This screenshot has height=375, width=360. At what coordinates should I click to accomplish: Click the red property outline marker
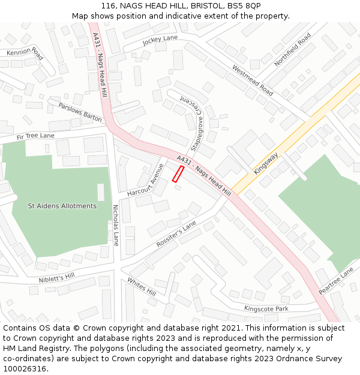(x=178, y=174)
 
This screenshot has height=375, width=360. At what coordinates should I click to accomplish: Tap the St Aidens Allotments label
(x=62, y=206)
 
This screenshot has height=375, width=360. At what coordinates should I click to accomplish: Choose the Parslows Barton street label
(x=80, y=112)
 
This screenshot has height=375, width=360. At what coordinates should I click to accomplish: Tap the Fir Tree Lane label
(x=35, y=136)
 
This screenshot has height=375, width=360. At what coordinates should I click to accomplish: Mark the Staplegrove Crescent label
(x=194, y=123)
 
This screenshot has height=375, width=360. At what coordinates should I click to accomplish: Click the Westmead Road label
(x=252, y=80)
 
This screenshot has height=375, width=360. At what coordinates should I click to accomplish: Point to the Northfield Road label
(x=293, y=50)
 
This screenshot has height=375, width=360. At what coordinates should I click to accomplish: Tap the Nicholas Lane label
(x=116, y=225)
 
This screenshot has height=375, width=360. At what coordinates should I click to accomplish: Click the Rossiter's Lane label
(x=176, y=234)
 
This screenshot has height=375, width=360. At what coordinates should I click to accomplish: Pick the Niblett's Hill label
(x=56, y=277)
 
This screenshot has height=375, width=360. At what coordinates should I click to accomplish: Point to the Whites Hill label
(x=142, y=286)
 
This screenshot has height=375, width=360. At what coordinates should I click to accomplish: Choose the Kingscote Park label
(x=266, y=308)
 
